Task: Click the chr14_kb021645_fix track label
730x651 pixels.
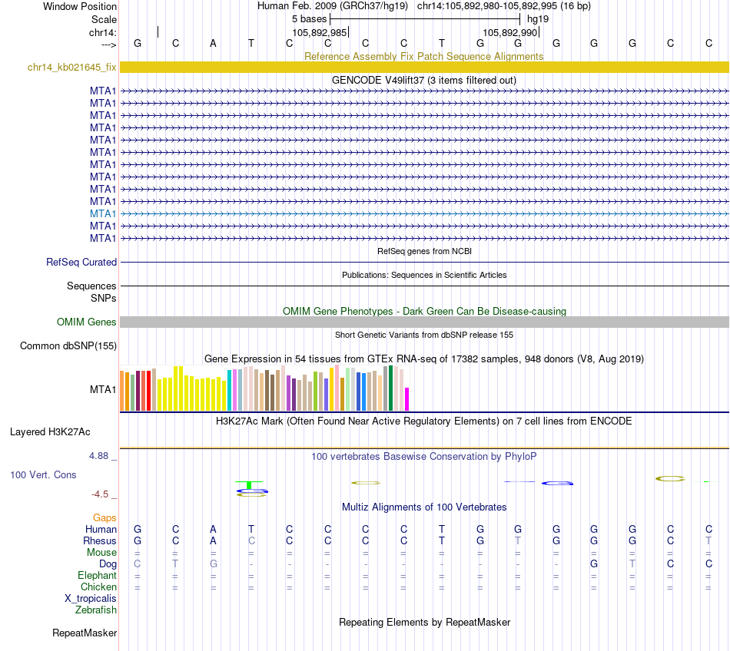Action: (x=71, y=68)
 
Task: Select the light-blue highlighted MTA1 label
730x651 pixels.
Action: (x=103, y=213)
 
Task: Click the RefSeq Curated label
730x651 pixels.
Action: (x=81, y=263)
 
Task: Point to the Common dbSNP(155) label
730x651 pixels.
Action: (x=68, y=346)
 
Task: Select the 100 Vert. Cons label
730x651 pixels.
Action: (x=43, y=475)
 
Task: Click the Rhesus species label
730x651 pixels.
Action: (x=100, y=541)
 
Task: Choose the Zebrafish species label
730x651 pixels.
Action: (x=96, y=610)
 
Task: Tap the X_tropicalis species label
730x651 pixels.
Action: (x=91, y=599)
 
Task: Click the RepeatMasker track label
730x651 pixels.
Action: (x=85, y=633)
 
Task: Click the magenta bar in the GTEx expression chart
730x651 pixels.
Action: (x=407, y=399)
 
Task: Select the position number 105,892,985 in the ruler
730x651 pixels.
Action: (x=320, y=32)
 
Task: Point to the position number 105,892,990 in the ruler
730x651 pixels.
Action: (x=509, y=32)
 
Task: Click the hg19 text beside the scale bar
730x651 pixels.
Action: (x=538, y=18)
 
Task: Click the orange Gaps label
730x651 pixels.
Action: (x=105, y=518)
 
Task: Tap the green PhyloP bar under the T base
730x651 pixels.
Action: (x=249, y=484)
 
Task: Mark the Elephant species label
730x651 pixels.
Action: (x=97, y=576)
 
